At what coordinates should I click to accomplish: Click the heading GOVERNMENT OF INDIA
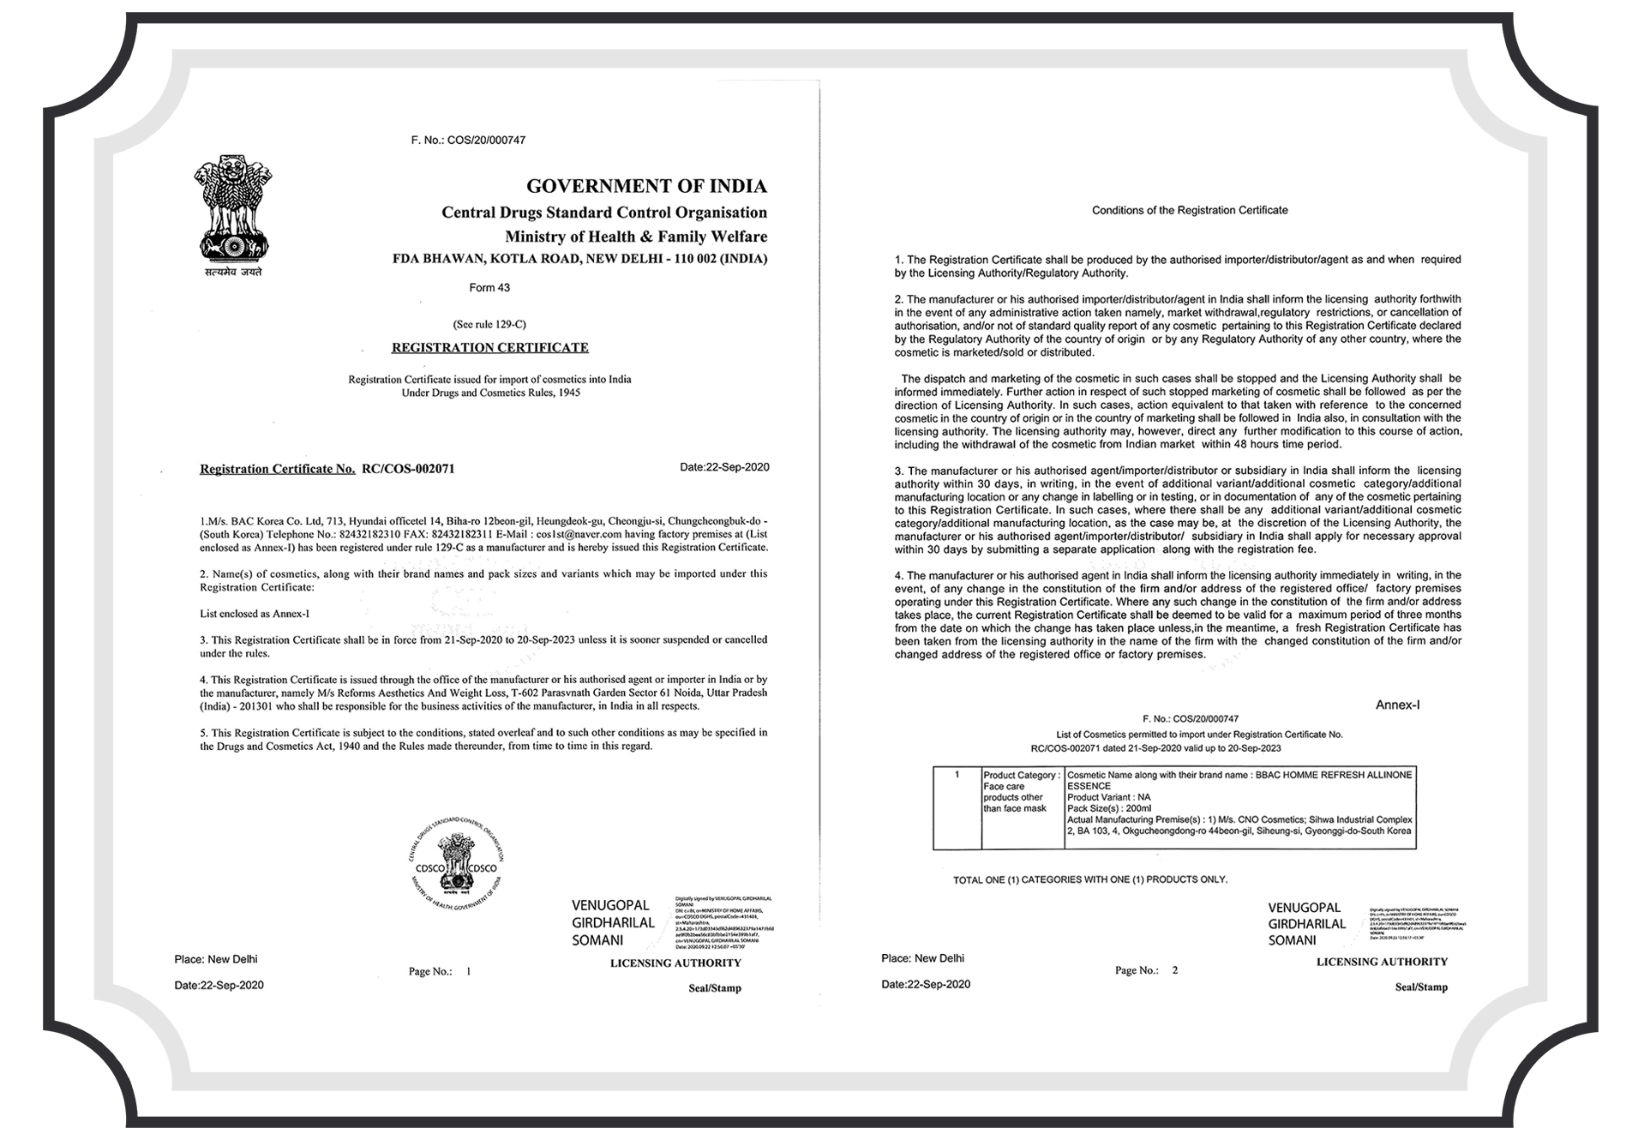(x=646, y=186)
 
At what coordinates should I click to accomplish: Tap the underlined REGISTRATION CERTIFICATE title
(x=489, y=348)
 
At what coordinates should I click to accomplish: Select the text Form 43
(x=489, y=288)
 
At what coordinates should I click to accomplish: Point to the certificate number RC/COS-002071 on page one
(x=408, y=469)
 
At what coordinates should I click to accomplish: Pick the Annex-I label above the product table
(x=1397, y=705)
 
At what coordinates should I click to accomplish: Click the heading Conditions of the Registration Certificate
(x=1189, y=210)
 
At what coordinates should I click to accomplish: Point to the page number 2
(x=1175, y=970)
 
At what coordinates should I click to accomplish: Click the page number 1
(x=468, y=972)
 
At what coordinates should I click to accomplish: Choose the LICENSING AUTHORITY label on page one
(x=675, y=963)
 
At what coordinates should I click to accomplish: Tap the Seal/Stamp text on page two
(x=1420, y=987)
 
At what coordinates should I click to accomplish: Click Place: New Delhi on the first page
(x=215, y=959)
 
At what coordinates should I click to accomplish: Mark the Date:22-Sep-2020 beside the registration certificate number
(x=724, y=467)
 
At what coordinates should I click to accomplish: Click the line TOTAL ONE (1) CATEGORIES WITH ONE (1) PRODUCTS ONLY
(x=1090, y=879)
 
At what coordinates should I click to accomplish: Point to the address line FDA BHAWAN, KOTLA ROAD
(x=579, y=259)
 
